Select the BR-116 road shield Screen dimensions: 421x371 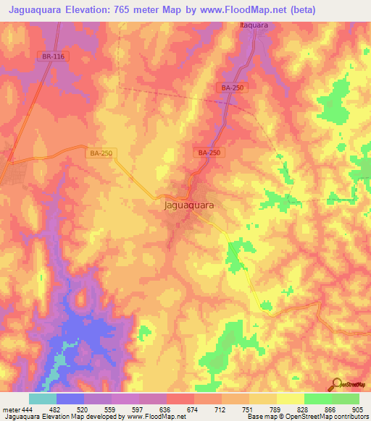[x=51, y=56]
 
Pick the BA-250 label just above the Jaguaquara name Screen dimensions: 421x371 [x=209, y=153]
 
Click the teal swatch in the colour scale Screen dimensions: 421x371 [x=43, y=399]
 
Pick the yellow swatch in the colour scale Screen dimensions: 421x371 [x=291, y=399]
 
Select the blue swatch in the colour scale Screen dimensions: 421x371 [x=70, y=399]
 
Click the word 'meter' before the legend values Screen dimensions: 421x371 [x=11, y=410]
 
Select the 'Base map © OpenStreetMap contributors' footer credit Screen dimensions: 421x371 [x=307, y=417]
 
